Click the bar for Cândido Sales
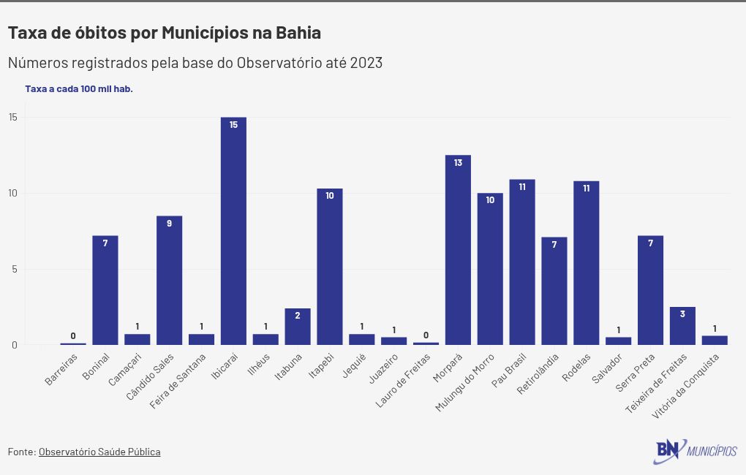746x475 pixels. coord(169,281)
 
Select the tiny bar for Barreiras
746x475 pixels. coord(73,343)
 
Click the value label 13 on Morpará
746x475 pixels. coord(458,163)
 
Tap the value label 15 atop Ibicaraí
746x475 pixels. coord(233,125)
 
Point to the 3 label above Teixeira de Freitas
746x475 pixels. coord(682,314)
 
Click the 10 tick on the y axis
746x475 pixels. coord(13,194)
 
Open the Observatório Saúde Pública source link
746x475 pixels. coord(99,452)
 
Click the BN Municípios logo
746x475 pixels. coord(695,451)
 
